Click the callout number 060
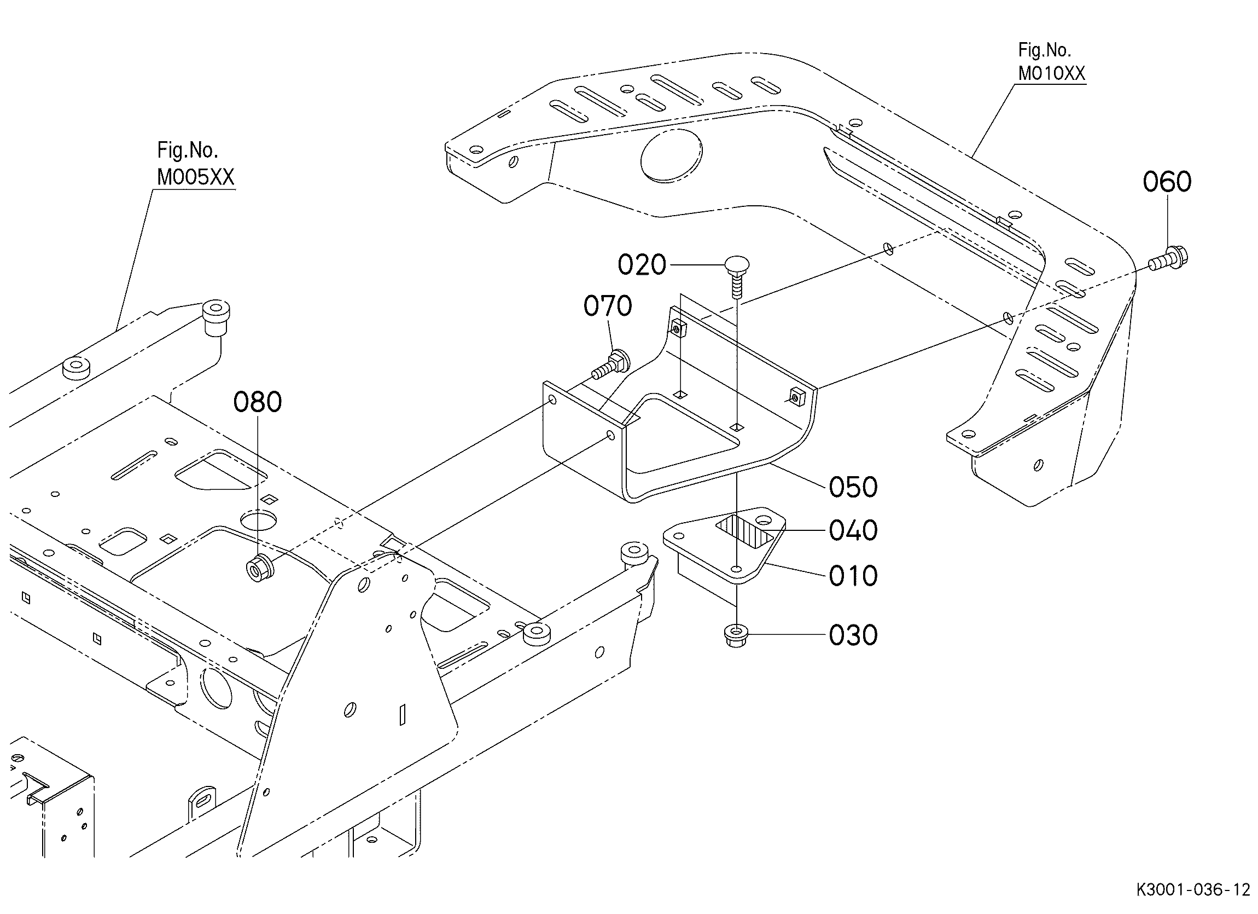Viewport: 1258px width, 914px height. click(1167, 182)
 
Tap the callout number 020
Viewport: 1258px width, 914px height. click(642, 265)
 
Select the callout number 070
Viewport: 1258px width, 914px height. click(607, 306)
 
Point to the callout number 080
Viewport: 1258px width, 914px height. click(258, 402)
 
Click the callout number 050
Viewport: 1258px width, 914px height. click(853, 487)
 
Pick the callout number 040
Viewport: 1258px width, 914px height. click(853, 530)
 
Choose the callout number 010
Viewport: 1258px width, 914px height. click(853, 576)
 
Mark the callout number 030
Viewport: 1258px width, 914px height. click(853, 635)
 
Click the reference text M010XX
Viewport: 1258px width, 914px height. click(1051, 73)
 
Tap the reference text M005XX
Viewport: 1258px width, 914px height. click(195, 177)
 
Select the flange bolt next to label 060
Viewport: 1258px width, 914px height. click(1169, 259)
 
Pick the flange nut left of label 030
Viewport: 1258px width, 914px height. click(736, 635)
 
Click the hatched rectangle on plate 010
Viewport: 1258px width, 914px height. click(745, 531)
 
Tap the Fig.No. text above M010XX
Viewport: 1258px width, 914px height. click(1044, 50)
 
